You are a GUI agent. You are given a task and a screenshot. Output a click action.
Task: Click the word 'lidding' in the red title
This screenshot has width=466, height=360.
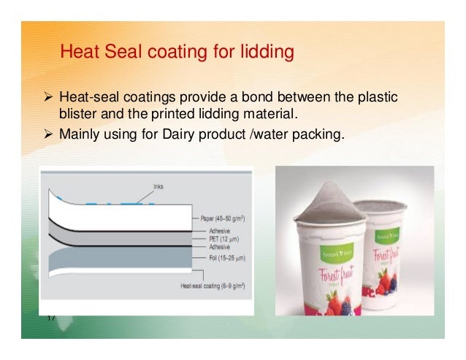268,53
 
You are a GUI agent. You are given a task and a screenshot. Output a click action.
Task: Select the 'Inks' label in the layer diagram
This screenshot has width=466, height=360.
158,185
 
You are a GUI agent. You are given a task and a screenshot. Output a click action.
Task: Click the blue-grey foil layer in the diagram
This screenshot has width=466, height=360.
110,260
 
